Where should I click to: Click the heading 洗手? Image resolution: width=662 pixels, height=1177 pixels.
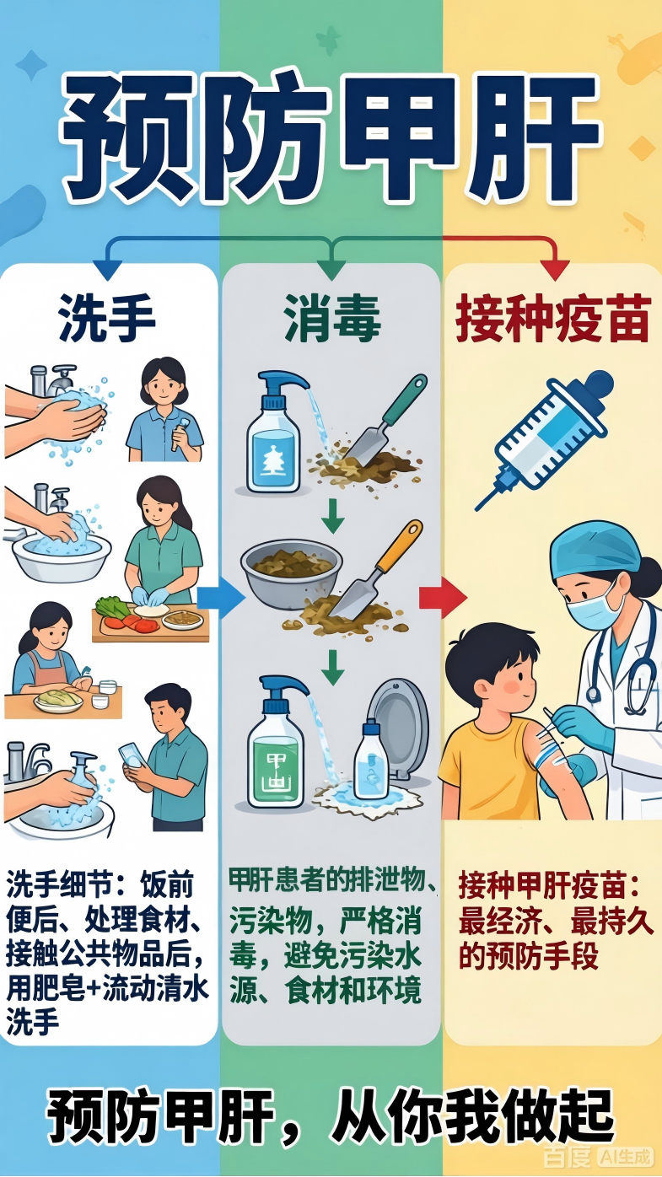pos(107,319)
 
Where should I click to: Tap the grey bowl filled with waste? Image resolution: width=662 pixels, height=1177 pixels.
pos(292,573)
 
